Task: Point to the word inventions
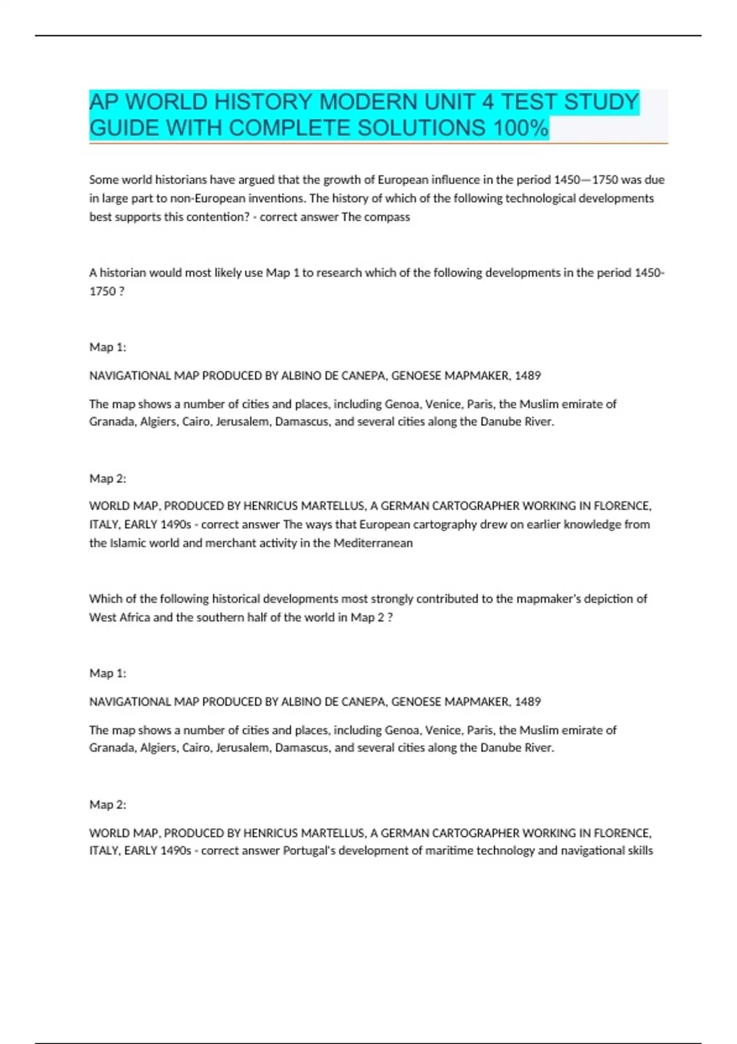(276, 198)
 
